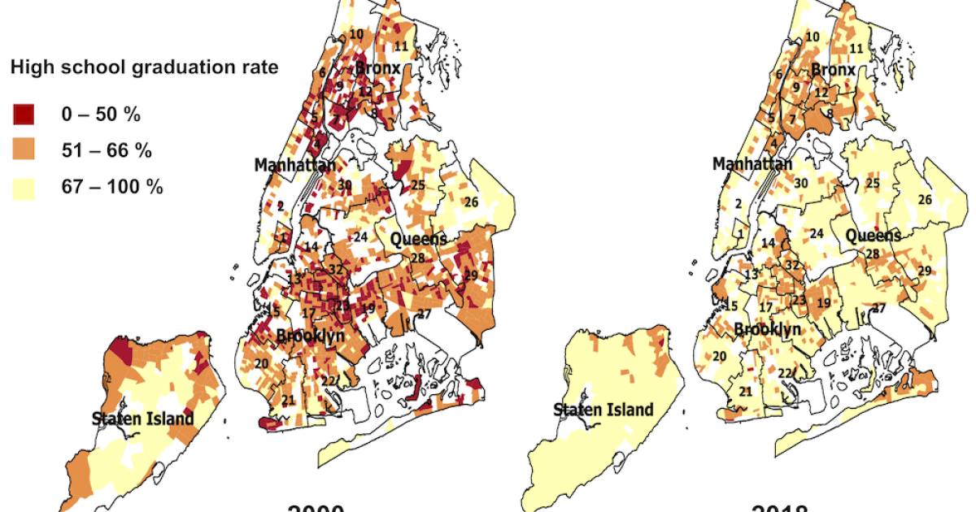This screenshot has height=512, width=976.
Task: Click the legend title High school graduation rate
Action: coord(144,68)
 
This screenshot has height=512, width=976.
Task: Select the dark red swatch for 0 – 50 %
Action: coord(24,115)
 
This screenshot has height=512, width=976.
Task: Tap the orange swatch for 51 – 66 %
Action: coord(24,150)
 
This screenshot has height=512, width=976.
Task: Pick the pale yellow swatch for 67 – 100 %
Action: coord(24,186)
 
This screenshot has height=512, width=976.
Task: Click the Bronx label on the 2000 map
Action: coord(377,68)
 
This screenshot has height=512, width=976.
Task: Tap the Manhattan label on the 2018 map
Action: coord(752,164)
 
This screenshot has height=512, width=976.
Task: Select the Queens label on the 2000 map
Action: coord(418,239)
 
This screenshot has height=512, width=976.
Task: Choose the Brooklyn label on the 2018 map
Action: coord(768,329)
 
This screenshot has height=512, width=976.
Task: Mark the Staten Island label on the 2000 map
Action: coord(142,419)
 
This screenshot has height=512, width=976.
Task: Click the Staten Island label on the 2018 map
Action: coord(603,410)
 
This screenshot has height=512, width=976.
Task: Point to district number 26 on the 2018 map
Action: coord(925,199)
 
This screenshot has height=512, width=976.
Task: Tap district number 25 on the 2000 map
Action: coord(418,184)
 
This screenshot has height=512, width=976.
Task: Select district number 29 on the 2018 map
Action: coord(924,271)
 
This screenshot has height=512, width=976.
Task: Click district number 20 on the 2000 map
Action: coord(262,363)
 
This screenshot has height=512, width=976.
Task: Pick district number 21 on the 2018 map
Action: coord(745,392)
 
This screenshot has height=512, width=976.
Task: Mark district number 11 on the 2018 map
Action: coord(856,49)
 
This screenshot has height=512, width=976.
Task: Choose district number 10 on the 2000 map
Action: coord(356,34)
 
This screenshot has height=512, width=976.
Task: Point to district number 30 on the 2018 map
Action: coord(801,182)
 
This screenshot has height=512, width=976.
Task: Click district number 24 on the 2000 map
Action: coord(360,237)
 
